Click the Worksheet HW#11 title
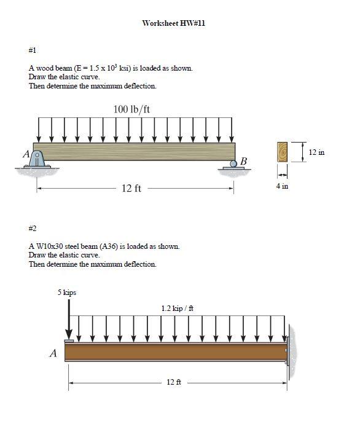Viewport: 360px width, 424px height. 174,23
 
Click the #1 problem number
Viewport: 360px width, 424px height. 33,50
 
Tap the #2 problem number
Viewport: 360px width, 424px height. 33,229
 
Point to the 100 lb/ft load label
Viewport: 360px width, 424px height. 131,109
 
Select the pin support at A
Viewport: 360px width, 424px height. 37,160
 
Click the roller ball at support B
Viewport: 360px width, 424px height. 233,163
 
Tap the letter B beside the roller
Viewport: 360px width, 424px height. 243,161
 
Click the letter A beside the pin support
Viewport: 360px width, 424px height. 26,154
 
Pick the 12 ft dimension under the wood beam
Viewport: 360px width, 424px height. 131,188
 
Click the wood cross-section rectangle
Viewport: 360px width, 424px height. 282,152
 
